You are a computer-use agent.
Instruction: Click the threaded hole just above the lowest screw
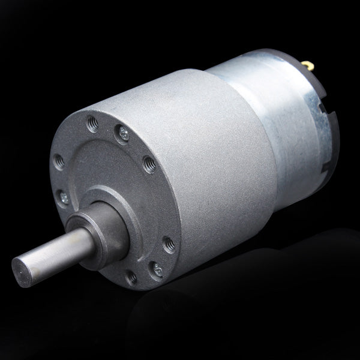pos(167,243)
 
